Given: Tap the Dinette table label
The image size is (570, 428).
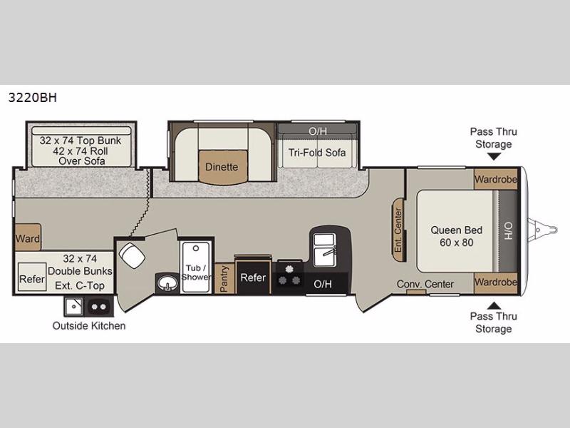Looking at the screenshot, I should pos(222,167).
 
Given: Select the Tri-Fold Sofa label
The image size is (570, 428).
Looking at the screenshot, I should pos(317,152).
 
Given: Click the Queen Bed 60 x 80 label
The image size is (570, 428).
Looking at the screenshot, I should pos(456,236).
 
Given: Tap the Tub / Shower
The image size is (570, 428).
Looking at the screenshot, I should pos(195,267).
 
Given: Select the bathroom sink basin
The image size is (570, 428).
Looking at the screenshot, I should pos(167,284).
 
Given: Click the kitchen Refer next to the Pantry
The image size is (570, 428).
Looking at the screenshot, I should pos(253,277).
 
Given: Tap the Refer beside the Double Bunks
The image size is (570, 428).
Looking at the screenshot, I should pos(31,279).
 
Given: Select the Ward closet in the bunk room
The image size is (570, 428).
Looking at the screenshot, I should pos(28,238).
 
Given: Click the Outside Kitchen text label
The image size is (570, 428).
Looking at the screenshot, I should pos(88,326).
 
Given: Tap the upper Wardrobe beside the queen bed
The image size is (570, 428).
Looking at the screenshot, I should pos(495,179).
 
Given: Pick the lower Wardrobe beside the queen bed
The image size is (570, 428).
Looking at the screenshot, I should pos(495,282).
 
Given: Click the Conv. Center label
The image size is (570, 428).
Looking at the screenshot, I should pos(425,284).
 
